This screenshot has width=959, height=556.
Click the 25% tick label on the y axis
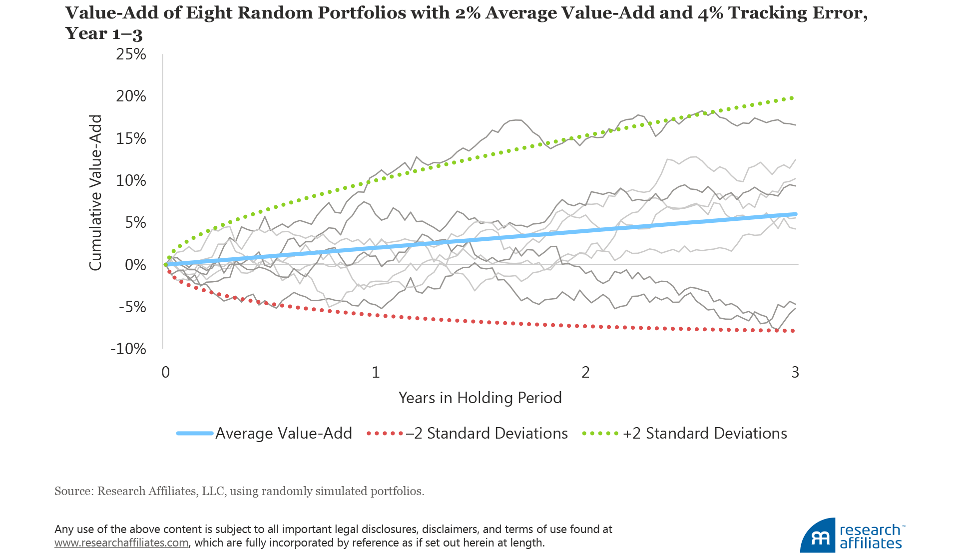pyautogui.click(x=131, y=54)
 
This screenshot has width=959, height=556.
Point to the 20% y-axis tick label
pyautogui.click(x=131, y=96)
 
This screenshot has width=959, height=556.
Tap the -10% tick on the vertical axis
pyautogui.click(x=128, y=349)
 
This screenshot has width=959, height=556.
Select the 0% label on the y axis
pyautogui.click(x=135, y=265)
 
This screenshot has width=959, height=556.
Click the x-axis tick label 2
pyautogui.click(x=585, y=372)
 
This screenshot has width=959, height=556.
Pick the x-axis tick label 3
pyautogui.click(x=795, y=372)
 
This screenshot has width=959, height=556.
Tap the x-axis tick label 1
pyautogui.click(x=376, y=372)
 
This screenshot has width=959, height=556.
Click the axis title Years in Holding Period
pyautogui.click(x=480, y=398)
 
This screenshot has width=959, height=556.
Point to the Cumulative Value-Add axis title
pyautogui.click(x=95, y=193)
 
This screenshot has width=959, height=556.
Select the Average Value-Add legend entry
pyautogui.click(x=283, y=433)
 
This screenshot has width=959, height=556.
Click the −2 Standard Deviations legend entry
pyautogui.click(x=486, y=433)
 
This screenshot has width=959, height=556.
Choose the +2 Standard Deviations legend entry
pyautogui.click(x=704, y=433)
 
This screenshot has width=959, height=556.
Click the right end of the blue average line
pyautogui.click(x=795, y=214)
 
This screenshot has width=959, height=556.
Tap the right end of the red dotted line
pyautogui.click(x=793, y=331)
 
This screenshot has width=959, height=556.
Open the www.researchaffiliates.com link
pyautogui.click(x=121, y=543)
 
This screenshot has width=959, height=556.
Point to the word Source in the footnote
pyautogui.click(x=73, y=491)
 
